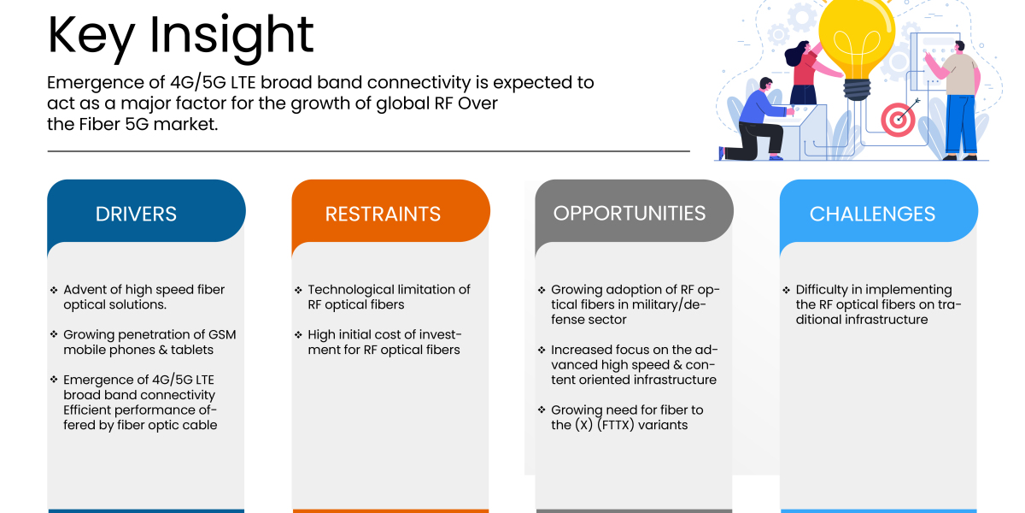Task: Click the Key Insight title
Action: tap(180, 35)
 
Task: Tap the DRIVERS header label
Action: tap(136, 214)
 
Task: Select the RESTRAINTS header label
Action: tap(383, 214)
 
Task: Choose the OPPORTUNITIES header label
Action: tap(630, 213)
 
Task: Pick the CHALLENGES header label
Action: tap(872, 214)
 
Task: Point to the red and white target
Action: tap(898, 121)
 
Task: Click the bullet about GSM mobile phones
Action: tap(149, 342)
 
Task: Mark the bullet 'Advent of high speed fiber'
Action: tap(143, 297)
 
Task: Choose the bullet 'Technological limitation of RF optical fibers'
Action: tap(389, 297)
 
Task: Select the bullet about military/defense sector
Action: tap(629, 304)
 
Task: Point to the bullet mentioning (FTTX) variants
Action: tap(627, 417)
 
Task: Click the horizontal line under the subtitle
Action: tap(368, 151)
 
